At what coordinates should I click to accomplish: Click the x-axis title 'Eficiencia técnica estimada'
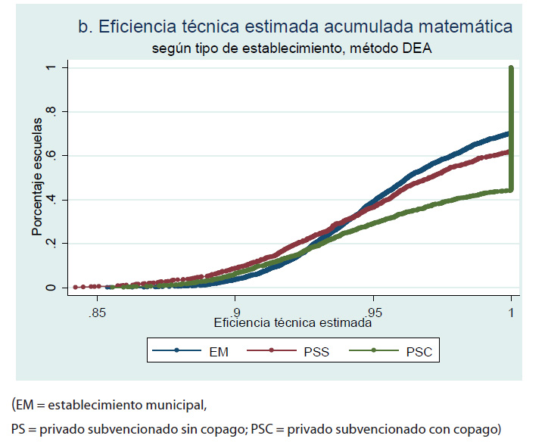pyautogui.click(x=293, y=322)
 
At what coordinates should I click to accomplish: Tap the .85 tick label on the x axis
pyautogui.click(x=96, y=312)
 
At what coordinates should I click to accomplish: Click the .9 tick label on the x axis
pyautogui.click(x=235, y=312)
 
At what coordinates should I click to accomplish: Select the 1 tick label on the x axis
pyautogui.click(x=512, y=312)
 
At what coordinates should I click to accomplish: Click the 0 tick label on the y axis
pyautogui.click(x=51, y=288)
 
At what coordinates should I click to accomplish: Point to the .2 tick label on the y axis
pyautogui.click(x=51, y=244)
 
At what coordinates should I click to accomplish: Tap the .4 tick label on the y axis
pyautogui.click(x=51, y=200)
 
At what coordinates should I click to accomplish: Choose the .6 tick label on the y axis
pyautogui.click(x=51, y=156)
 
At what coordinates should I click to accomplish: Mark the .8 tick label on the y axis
pyautogui.click(x=51, y=112)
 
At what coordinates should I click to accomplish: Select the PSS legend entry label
pyautogui.click(x=316, y=351)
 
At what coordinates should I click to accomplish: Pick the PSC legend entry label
pyautogui.click(x=419, y=351)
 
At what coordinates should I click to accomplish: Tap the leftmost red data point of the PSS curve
pyautogui.click(x=75, y=288)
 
